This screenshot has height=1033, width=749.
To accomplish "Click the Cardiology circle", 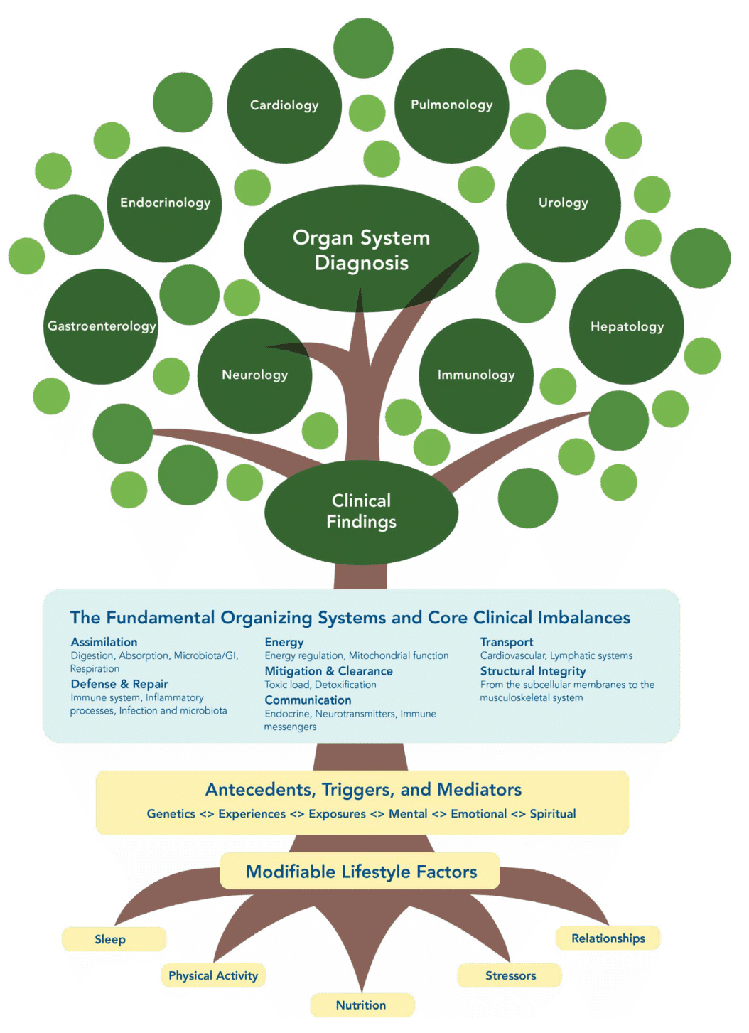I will [284, 105].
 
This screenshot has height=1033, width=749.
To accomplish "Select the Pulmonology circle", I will [451, 105].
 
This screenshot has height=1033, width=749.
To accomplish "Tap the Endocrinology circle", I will [165, 203].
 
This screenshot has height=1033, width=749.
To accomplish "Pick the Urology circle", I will [563, 203].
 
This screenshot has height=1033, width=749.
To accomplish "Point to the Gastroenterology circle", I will [101, 326].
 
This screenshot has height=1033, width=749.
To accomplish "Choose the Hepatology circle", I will [627, 326].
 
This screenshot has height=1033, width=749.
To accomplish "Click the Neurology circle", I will [254, 375].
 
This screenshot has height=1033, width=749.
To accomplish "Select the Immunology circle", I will [476, 375].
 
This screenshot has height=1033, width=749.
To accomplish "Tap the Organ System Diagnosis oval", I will [361, 250].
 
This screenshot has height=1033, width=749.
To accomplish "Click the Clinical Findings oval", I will [361, 511].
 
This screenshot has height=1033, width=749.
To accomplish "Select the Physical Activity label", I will [213, 975].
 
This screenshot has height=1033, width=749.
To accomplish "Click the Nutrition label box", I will [362, 1005].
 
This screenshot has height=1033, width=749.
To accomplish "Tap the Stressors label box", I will [510, 975].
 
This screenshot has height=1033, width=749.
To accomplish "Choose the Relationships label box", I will [608, 938].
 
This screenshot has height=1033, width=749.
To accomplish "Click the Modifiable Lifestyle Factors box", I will [361, 872].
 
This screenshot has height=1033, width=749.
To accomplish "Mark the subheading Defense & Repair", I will [119, 684].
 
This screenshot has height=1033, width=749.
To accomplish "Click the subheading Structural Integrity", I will [533, 671].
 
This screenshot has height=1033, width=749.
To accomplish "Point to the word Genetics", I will [171, 814].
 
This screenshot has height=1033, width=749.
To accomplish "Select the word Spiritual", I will [552, 814].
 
